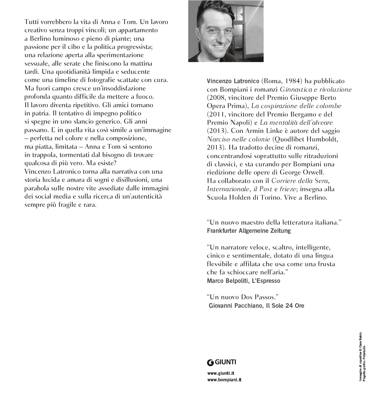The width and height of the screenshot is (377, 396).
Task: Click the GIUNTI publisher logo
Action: pos(222,362)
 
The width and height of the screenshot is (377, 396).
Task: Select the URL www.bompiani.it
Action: pos(224,380)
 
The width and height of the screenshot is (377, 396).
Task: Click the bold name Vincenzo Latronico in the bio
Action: pos(233,81)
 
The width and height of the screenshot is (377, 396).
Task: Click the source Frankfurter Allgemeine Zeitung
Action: pos(249,231)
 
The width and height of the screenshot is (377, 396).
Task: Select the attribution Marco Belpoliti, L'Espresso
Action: pos(244,281)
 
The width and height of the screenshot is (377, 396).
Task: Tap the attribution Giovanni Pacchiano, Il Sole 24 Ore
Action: pos(256,305)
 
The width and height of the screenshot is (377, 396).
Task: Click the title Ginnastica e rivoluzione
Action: pos(316,90)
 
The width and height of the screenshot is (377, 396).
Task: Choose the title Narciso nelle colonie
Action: pos(239,139)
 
